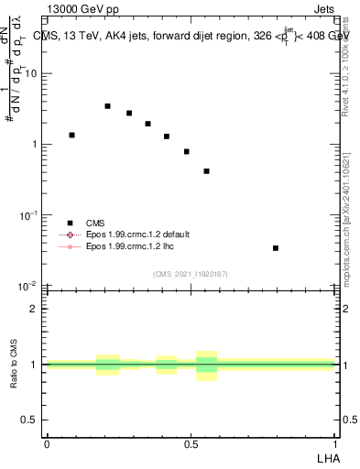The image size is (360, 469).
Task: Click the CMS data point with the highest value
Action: [107, 106]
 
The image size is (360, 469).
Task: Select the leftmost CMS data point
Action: [71, 135]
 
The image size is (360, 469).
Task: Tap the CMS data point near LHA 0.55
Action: [207, 171]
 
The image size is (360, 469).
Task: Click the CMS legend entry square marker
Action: [70, 223]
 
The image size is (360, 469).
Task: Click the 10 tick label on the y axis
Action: [34, 74]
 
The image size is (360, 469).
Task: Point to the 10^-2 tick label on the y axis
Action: [31, 286]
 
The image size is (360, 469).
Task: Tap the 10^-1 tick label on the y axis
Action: [31, 215]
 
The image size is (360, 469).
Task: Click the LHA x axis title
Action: [327, 457]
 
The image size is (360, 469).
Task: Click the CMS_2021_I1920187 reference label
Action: [191, 273]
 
